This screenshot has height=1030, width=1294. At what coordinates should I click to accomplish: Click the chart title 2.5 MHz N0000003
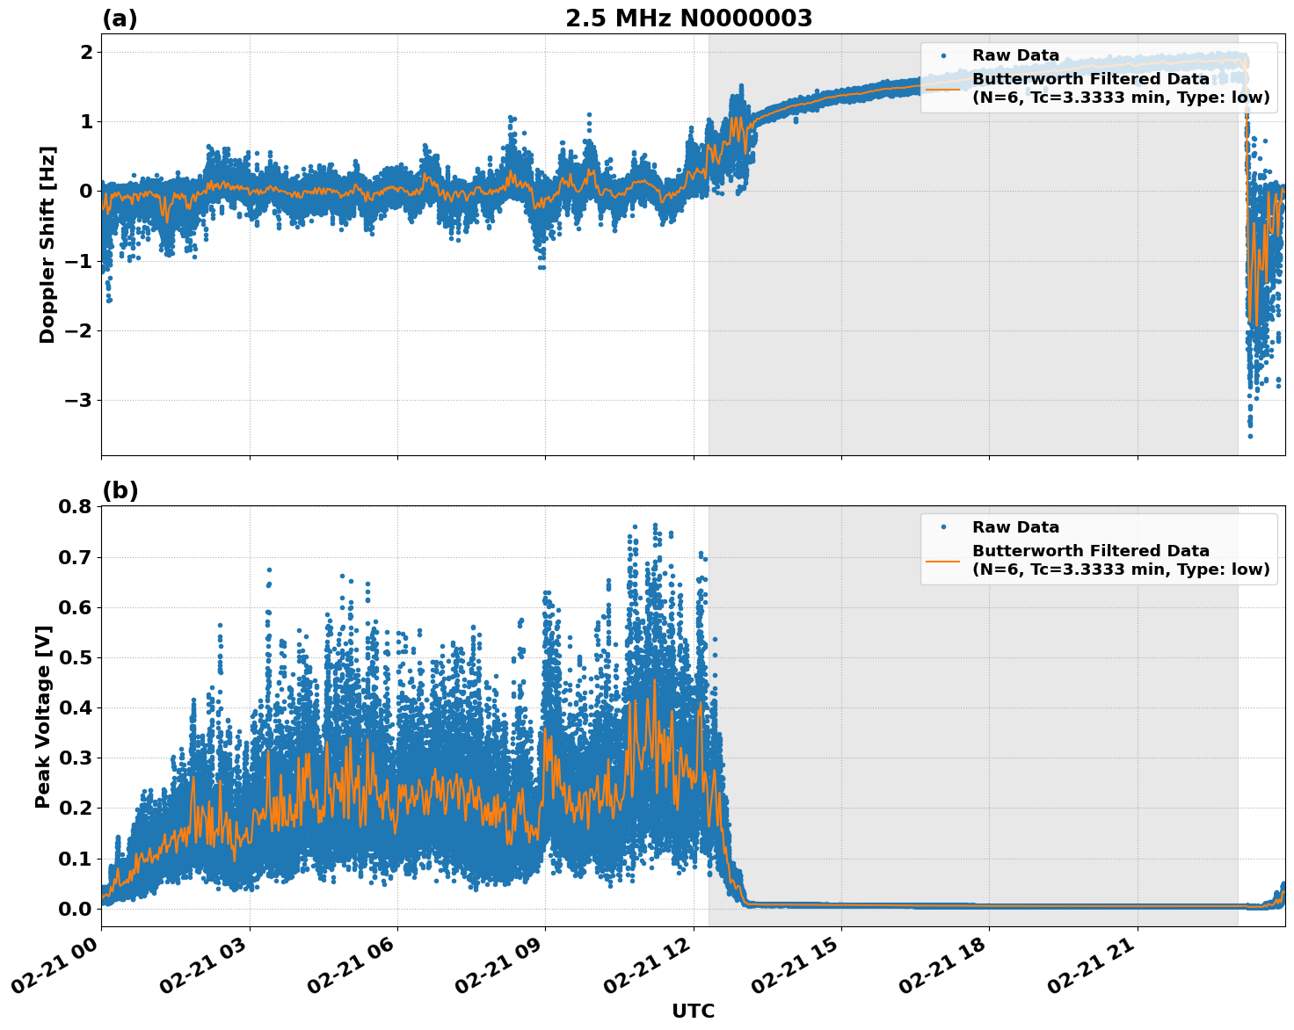coord(688,18)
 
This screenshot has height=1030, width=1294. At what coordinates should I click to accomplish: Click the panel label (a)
coord(120,18)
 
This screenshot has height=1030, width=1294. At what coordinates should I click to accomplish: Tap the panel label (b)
coord(120,490)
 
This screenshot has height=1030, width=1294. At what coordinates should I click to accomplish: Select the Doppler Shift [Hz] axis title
coord(47,245)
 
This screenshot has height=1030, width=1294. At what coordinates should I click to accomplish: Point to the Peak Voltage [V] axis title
coord(43,716)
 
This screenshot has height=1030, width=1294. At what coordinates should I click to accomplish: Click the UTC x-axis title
coord(693,1011)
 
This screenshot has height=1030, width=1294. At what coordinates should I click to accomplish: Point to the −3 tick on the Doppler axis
coord(75,401)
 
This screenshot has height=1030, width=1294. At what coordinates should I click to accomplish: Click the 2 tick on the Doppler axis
coord(86,52)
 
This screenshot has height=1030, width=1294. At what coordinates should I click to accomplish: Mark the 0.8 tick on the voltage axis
coord(75,506)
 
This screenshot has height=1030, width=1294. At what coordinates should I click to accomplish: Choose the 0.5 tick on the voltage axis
coord(75,657)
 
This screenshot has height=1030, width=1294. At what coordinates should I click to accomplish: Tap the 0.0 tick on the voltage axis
coord(75,909)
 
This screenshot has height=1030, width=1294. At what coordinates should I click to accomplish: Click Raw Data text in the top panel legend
coord(1015,55)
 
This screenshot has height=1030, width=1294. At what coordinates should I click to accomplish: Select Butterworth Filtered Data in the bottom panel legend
coord(1090,551)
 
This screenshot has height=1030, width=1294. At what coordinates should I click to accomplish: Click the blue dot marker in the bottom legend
coord(943,527)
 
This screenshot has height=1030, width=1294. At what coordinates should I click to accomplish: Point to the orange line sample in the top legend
coord(943,88)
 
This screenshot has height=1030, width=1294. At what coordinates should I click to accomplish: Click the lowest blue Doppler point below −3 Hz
coord(1250,436)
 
